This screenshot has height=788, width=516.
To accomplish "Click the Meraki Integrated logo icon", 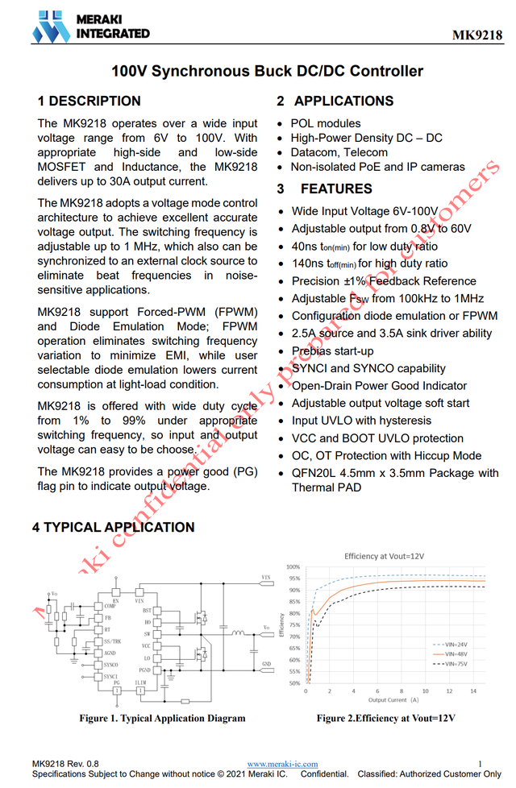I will [50, 27].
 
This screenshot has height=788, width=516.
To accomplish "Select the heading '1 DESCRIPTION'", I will [89, 101].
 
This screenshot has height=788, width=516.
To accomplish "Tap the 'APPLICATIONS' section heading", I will [343, 101].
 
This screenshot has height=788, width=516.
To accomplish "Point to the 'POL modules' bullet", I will [326, 123].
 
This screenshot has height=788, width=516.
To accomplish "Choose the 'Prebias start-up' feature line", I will [332, 350].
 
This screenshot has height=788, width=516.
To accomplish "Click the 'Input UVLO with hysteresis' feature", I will [361, 421].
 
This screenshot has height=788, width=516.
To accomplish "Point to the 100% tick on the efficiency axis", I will [293, 567].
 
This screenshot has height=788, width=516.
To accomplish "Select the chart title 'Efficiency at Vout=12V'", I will [384, 556].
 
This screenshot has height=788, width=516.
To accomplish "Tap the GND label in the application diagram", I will [266, 665].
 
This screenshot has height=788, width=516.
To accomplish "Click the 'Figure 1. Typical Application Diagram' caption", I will [162, 718].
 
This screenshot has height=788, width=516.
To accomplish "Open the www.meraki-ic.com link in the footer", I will [282, 764].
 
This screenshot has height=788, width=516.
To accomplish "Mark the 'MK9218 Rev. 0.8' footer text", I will [66, 764].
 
